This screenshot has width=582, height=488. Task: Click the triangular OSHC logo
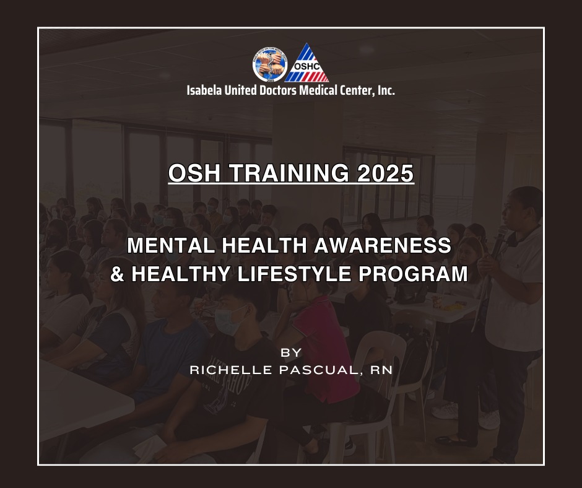[x=306, y=64]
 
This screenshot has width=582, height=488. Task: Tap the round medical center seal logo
[x=270, y=65]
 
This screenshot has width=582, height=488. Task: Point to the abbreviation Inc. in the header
[x=386, y=90]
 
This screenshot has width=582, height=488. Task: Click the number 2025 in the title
[x=385, y=173]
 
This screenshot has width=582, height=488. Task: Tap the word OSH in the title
[x=194, y=173]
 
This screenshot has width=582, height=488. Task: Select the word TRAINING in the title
[x=289, y=173]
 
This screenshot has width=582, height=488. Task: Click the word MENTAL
[x=171, y=245]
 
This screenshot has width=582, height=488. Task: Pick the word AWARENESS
[x=383, y=245]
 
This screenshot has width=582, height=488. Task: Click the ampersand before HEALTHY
[x=117, y=274]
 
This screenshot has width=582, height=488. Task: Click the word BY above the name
[x=291, y=352]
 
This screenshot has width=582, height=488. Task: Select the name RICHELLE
[x=231, y=370]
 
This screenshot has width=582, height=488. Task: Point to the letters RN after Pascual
[x=381, y=370]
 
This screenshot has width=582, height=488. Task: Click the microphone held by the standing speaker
[x=499, y=241]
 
